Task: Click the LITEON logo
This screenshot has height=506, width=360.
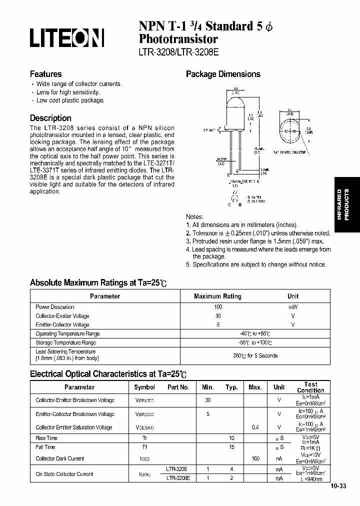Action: click(x=67, y=38)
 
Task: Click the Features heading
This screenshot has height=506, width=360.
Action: click(x=46, y=73)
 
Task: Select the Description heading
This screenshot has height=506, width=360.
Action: click(x=50, y=118)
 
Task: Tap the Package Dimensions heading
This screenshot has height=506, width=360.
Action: click(x=223, y=74)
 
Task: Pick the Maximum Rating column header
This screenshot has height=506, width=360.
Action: click(x=217, y=296)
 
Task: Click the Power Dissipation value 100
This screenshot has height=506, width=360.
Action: click(x=217, y=307)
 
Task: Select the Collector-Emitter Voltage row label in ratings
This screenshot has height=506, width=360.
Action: click(x=62, y=316)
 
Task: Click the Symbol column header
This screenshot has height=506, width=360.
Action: click(x=144, y=387)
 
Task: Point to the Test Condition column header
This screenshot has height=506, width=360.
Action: click(x=310, y=387)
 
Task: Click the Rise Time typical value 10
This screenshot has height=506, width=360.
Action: click(x=231, y=437)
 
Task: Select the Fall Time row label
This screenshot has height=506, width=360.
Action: click(x=45, y=447)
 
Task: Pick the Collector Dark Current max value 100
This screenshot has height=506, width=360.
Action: click(x=255, y=458)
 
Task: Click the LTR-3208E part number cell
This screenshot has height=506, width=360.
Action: click(x=177, y=478)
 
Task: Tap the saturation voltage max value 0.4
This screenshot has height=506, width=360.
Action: click(x=255, y=427)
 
